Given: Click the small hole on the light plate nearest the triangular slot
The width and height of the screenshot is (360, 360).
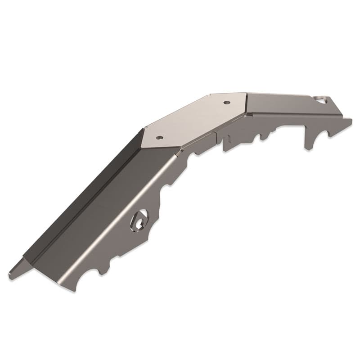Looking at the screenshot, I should click(226, 102).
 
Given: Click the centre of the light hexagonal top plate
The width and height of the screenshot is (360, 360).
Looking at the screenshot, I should click(193, 119).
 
